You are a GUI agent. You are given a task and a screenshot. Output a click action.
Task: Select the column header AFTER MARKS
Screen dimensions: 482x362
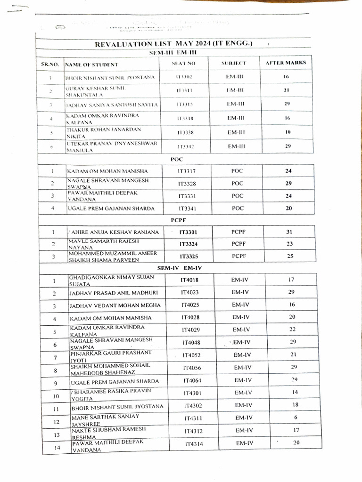(x=286, y=63)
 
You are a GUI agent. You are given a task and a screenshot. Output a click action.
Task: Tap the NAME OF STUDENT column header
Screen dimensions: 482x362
(x=91, y=64)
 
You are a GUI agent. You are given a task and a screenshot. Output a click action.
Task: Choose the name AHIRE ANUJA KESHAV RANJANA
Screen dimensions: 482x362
(x=113, y=232)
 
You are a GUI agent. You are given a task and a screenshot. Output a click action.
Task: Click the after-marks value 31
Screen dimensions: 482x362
(x=289, y=232)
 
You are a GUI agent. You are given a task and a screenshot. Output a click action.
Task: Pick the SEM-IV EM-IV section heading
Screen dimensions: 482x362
(x=179, y=267)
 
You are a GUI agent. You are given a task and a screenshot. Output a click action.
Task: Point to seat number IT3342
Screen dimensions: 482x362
(x=185, y=147)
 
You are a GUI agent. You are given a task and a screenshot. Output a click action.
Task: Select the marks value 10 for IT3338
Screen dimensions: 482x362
(x=287, y=132)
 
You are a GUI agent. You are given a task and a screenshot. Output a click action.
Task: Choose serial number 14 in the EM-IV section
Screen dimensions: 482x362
(x=57, y=448)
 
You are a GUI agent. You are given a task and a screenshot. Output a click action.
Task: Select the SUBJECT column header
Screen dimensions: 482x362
(x=234, y=63)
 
